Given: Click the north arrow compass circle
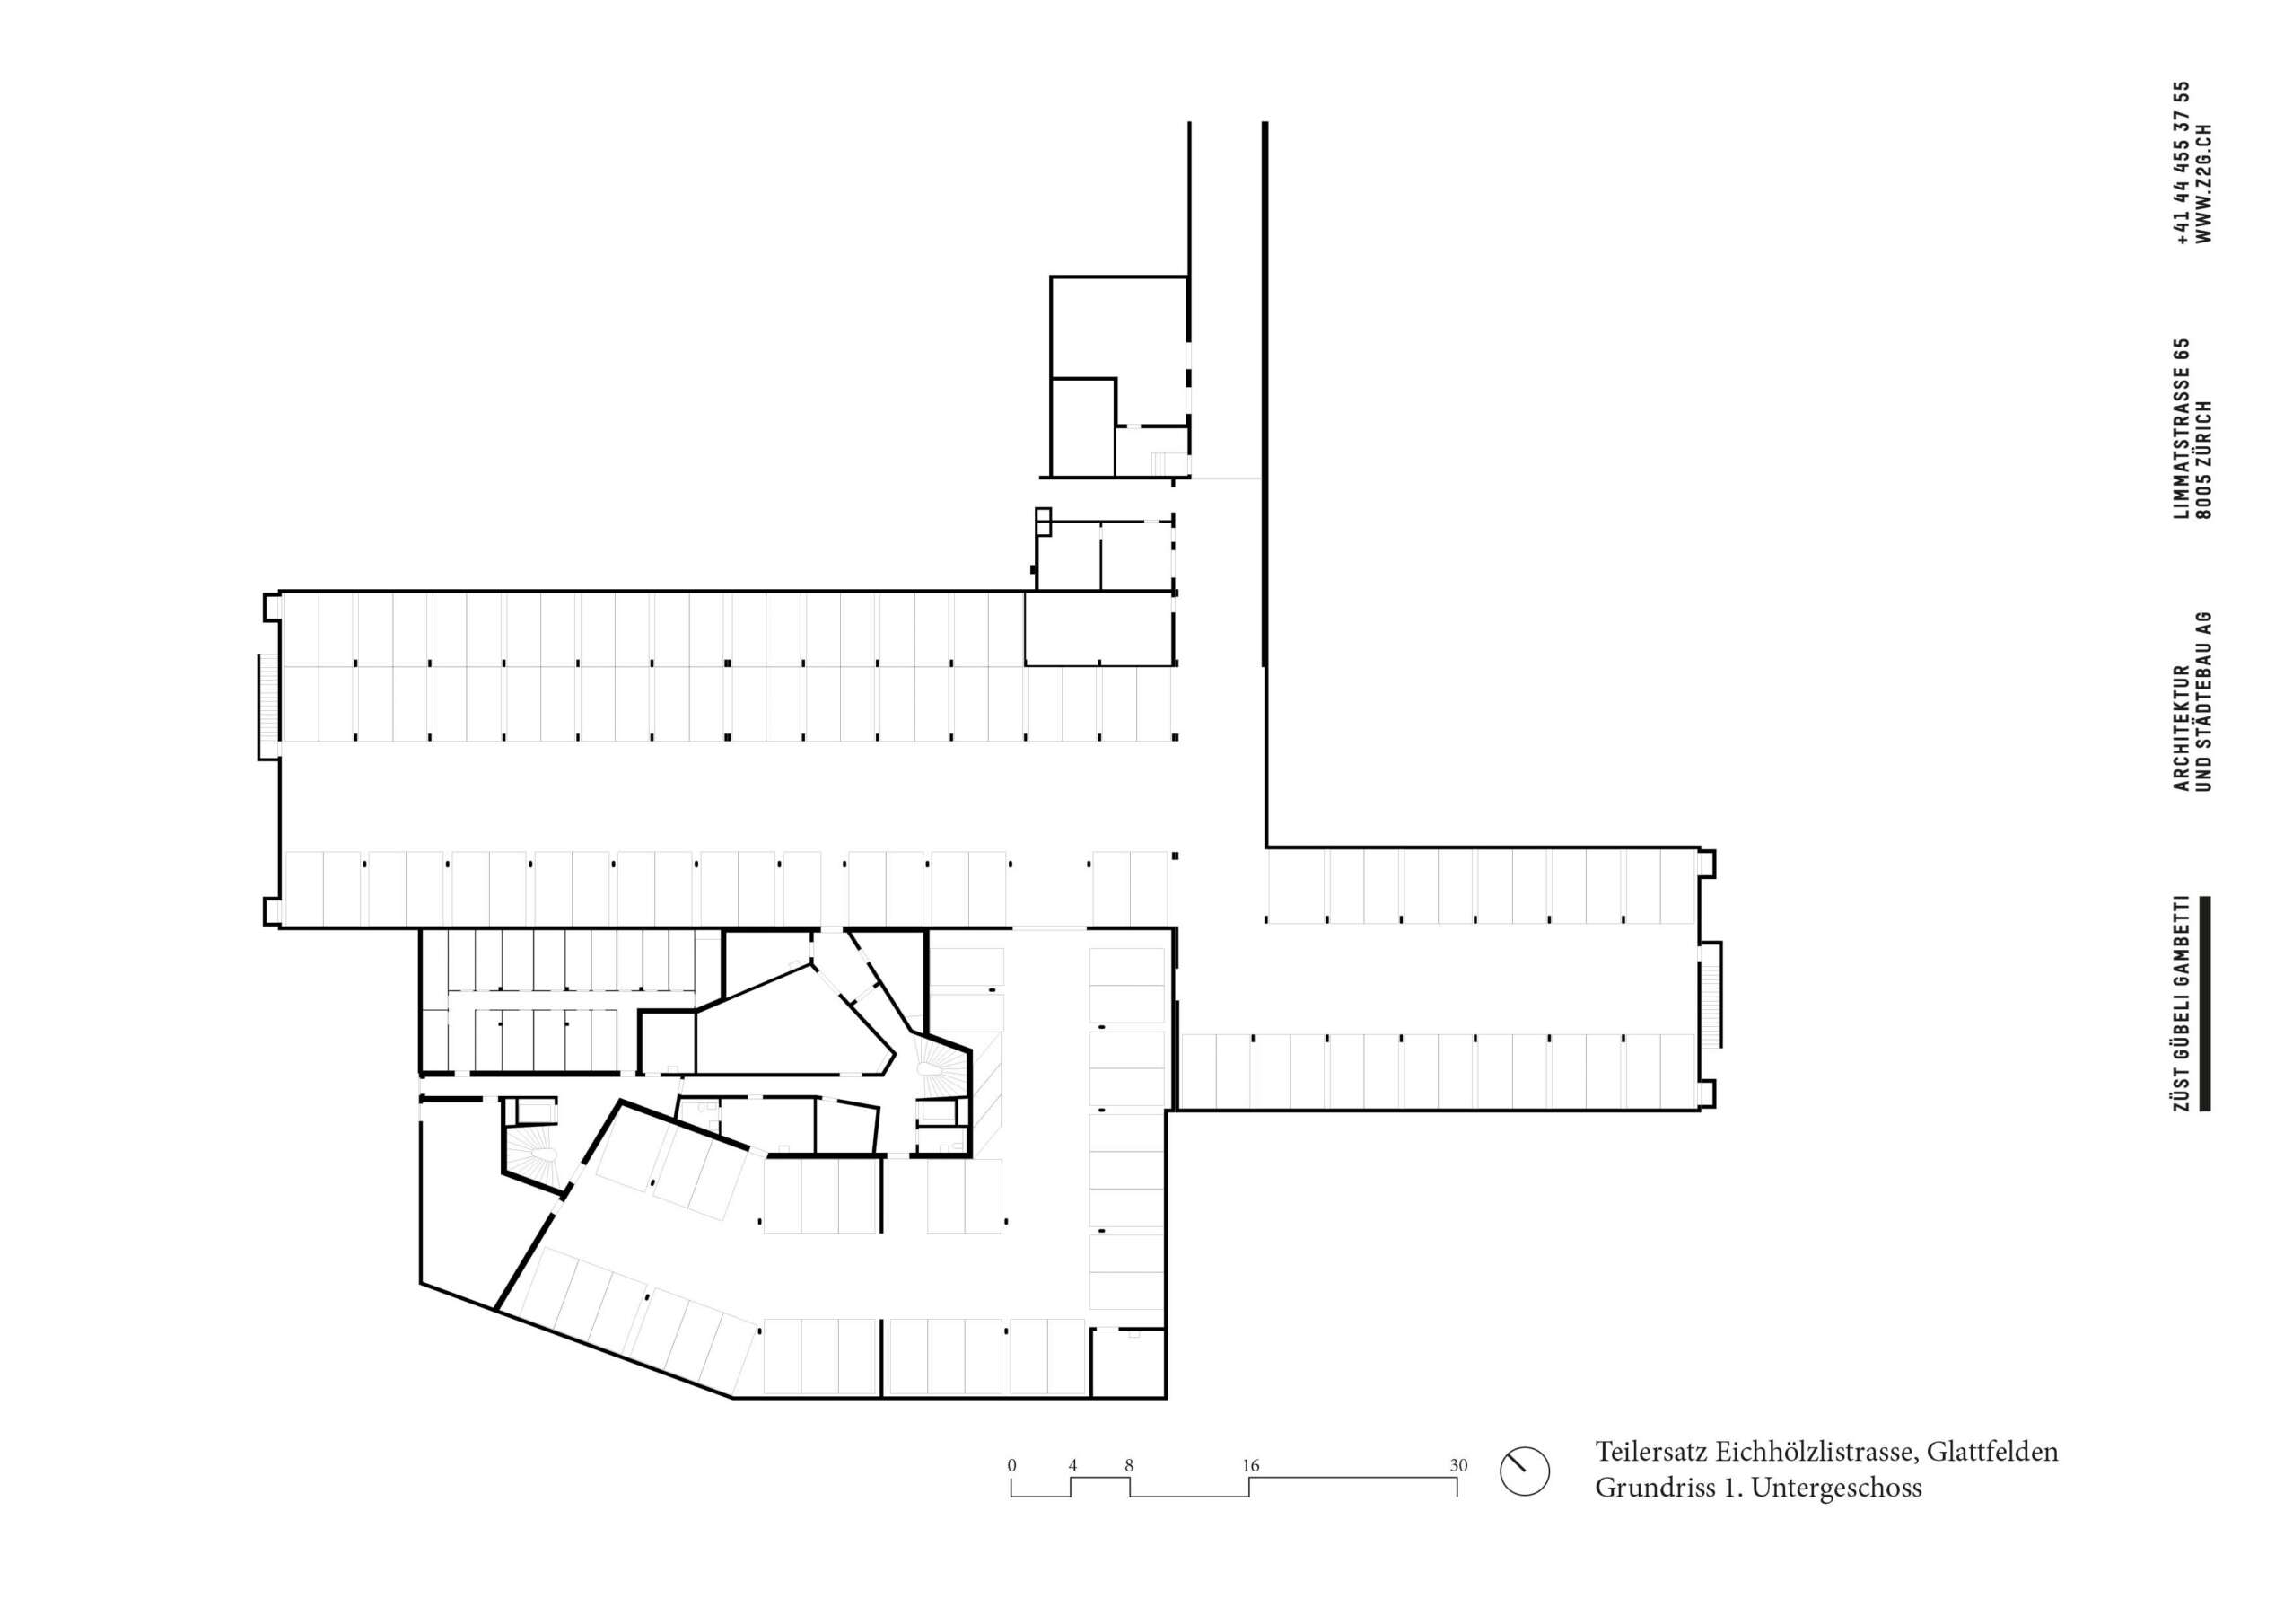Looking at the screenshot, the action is pyautogui.click(x=1524, y=1470).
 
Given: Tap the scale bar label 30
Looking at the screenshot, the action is pyautogui.click(x=1458, y=1466).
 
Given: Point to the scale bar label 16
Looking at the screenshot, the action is pyautogui.click(x=1250, y=1466).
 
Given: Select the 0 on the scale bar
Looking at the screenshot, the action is pyautogui.click(x=1011, y=1466).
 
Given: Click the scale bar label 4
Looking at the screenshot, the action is pyautogui.click(x=1072, y=1466).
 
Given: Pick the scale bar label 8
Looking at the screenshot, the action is pyautogui.click(x=1129, y=1466).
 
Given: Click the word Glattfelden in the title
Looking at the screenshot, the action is pyautogui.click(x=1992, y=1452).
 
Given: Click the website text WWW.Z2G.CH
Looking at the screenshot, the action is pyautogui.click(x=2204, y=184).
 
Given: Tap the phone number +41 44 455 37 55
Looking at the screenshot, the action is pyautogui.click(x=2182, y=163).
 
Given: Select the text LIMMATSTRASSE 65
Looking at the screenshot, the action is pyautogui.click(x=2182, y=429).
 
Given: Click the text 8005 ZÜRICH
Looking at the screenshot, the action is pyautogui.click(x=2204, y=460).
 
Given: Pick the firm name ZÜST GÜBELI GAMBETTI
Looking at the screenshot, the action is pyautogui.click(x=2182, y=1003).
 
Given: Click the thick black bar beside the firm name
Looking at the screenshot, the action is pyautogui.click(x=2205, y=1003).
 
